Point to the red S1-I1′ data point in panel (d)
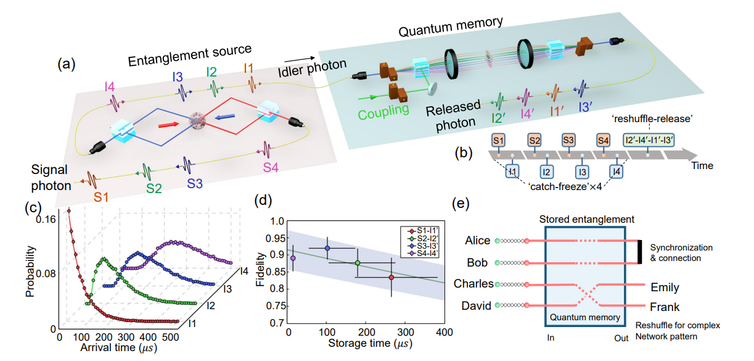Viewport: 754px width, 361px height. (391, 277)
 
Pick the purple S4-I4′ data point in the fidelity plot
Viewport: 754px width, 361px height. (293, 258)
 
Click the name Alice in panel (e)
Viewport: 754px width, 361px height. (477, 241)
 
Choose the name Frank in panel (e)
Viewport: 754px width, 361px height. (665, 307)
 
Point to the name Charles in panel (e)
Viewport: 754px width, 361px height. (473, 284)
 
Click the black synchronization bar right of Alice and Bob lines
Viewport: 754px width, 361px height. (641, 252)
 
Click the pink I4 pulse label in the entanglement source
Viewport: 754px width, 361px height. (110, 88)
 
